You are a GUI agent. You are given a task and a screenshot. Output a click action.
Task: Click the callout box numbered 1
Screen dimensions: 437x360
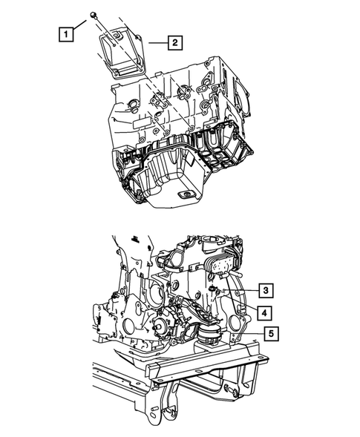tap(68, 34)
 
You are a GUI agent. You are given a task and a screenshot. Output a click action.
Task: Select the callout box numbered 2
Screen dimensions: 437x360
tap(174, 44)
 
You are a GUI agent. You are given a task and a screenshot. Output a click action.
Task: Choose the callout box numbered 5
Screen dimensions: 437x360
tap(273, 334)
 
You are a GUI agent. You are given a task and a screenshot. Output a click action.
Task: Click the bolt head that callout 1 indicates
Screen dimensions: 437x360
tap(94, 15)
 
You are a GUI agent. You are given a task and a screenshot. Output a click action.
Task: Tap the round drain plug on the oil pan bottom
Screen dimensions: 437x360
tap(184, 194)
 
